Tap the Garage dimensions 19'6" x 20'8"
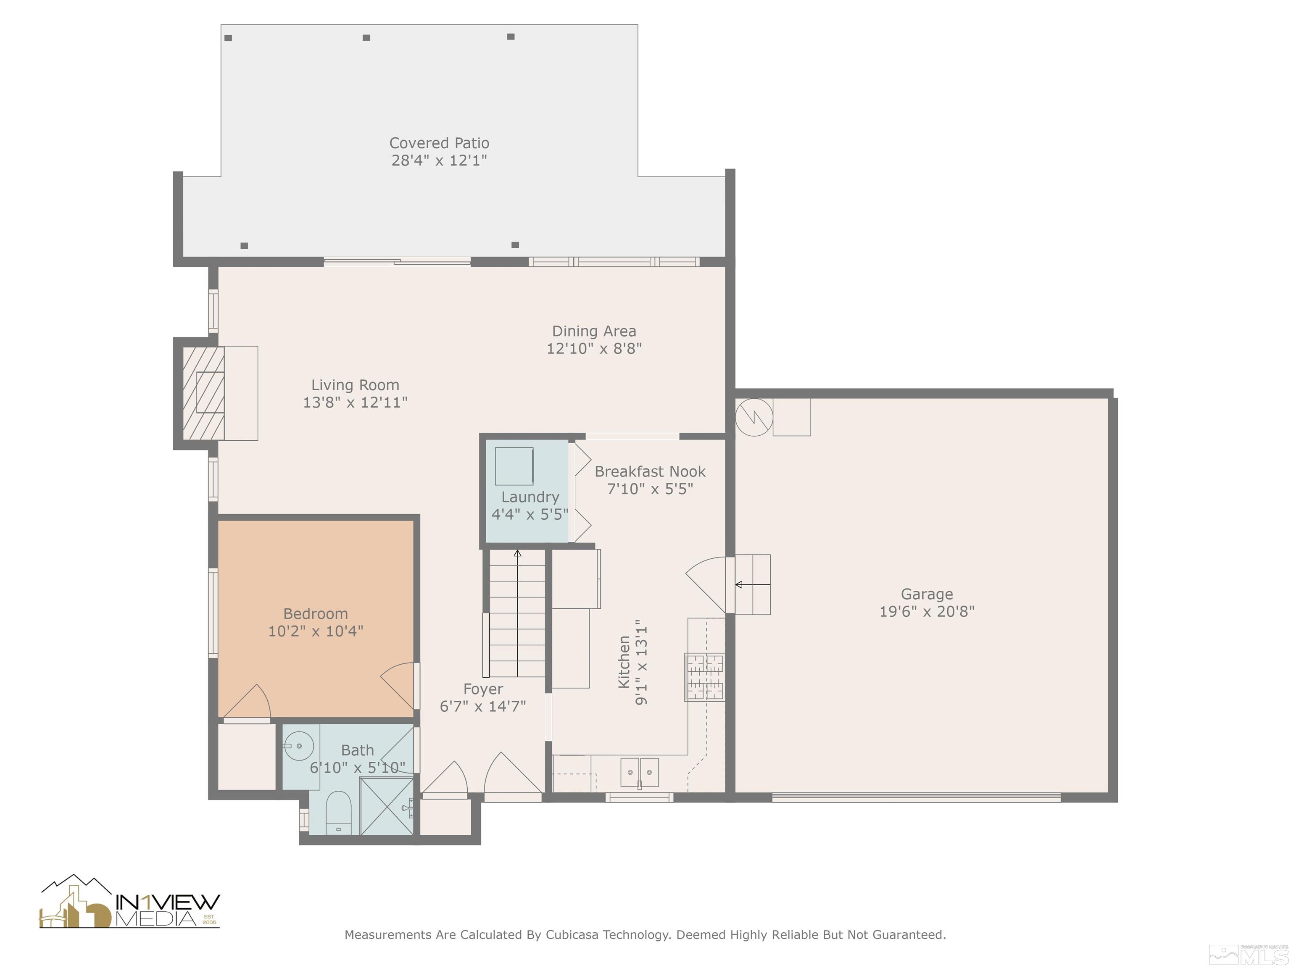pos(927,611)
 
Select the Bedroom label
pos(315,613)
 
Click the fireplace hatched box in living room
pos(204,393)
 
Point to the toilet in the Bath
pos(338,811)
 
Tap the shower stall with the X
pos(386,806)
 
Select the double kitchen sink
pos(640,772)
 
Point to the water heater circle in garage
pos(754,417)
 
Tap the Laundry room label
pos(530,497)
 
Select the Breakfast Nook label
pos(650,471)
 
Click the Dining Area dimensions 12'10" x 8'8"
pos(594,348)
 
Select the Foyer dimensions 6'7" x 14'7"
pos(483,706)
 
